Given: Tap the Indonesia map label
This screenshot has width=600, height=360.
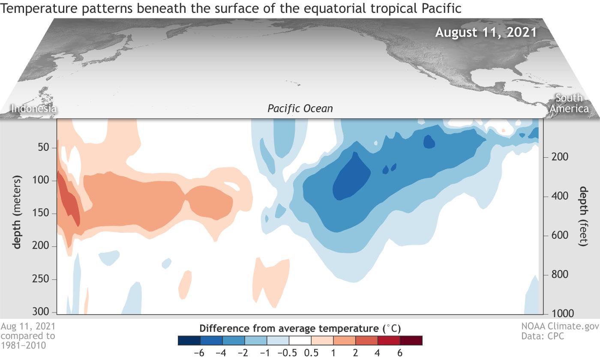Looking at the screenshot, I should click(33, 108).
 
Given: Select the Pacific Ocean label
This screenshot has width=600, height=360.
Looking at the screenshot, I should click(300, 108).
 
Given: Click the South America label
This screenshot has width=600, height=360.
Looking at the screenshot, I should click(569, 103).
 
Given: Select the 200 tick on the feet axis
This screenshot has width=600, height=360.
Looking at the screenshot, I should click(558, 157).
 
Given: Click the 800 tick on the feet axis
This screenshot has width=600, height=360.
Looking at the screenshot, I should click(558, 275).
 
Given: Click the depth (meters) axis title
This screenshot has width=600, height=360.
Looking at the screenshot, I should click(17, 212).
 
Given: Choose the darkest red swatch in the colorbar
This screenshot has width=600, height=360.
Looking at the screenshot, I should click(411, 341).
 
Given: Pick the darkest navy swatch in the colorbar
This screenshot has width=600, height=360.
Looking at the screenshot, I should click(189, 341).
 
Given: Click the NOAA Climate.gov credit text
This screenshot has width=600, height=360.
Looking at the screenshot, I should click(559, 327).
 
